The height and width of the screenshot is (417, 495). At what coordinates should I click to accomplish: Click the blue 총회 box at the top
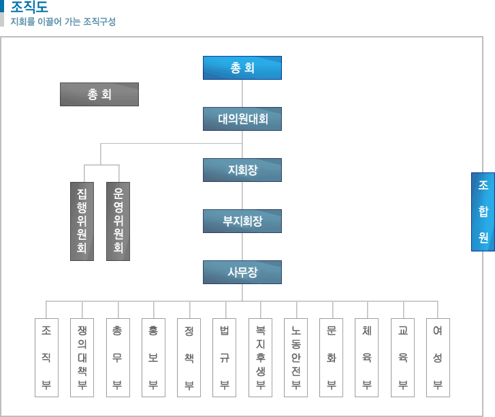[x=242, y=67]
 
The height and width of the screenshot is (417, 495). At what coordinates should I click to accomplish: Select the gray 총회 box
[x=99, y=94]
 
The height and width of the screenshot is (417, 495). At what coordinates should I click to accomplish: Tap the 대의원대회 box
[x=242, y=119]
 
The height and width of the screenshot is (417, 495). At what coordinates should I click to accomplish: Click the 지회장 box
[x=242, y=170]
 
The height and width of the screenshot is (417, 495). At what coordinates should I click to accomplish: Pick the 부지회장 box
[x=242, y=221]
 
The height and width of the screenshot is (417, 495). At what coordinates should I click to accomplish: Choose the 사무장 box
[x=242, y=273]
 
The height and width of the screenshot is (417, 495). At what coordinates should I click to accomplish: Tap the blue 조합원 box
[x=483, y=211]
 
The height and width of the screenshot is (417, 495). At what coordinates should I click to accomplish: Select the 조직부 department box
[x=46, y=357]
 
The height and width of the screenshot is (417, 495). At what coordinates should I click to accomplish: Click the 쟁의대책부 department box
[x=82, y=357]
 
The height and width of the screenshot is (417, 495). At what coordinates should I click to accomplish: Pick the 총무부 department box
[x=117, y=357]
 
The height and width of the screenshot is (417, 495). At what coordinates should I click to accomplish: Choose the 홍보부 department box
[x=153, y=357]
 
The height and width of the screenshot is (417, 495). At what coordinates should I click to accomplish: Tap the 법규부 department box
[x=224, y=357]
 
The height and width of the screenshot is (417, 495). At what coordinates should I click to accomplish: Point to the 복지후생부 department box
[x=260, y=357]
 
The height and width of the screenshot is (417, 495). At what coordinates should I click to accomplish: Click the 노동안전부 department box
[x=296, y=357]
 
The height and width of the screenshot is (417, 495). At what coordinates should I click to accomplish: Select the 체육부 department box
[x=367, y=357]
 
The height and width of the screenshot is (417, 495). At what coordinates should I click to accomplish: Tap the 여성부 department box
[x=438, y=357]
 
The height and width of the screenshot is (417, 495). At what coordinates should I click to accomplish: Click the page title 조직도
[x=29, y=7]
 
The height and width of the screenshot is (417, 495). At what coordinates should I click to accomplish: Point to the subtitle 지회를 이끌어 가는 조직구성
[x=63, y=22]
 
